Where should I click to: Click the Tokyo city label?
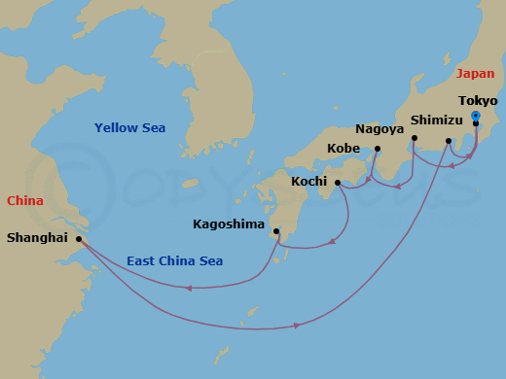[x=478, y=101]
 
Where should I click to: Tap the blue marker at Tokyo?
[x=475, y=117]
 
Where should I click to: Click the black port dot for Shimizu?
[x=448, y=141]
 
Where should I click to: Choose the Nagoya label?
[x=379, y=128]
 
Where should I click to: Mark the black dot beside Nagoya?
[x=414, y=138]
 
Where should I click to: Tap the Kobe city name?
[x=345, y=149]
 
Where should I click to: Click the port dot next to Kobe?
[x=377, y=149]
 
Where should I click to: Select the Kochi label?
[x=310, y=182]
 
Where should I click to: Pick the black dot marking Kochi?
[x=338, y=182]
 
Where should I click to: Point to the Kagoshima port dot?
[x=277, y=231]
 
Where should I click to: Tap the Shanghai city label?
[x=36, y=236]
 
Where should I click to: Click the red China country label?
[x=25, y=201]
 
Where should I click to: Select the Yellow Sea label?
[x=129, y=128]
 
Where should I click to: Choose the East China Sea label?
[x=174, y=260]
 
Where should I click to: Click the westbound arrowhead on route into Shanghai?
[x=189, y=288]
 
